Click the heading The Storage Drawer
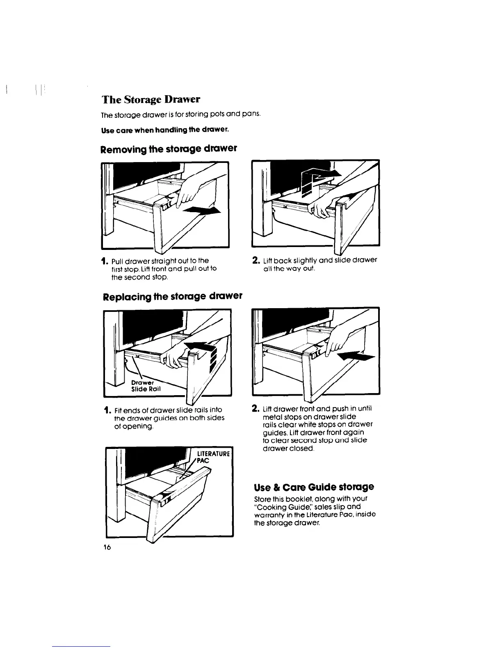151,100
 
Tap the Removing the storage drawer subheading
169,149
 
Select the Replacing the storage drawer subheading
171,296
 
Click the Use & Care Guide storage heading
314,487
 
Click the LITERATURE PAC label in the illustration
214,457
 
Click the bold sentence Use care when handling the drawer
164,130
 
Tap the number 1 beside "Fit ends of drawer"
107,410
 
